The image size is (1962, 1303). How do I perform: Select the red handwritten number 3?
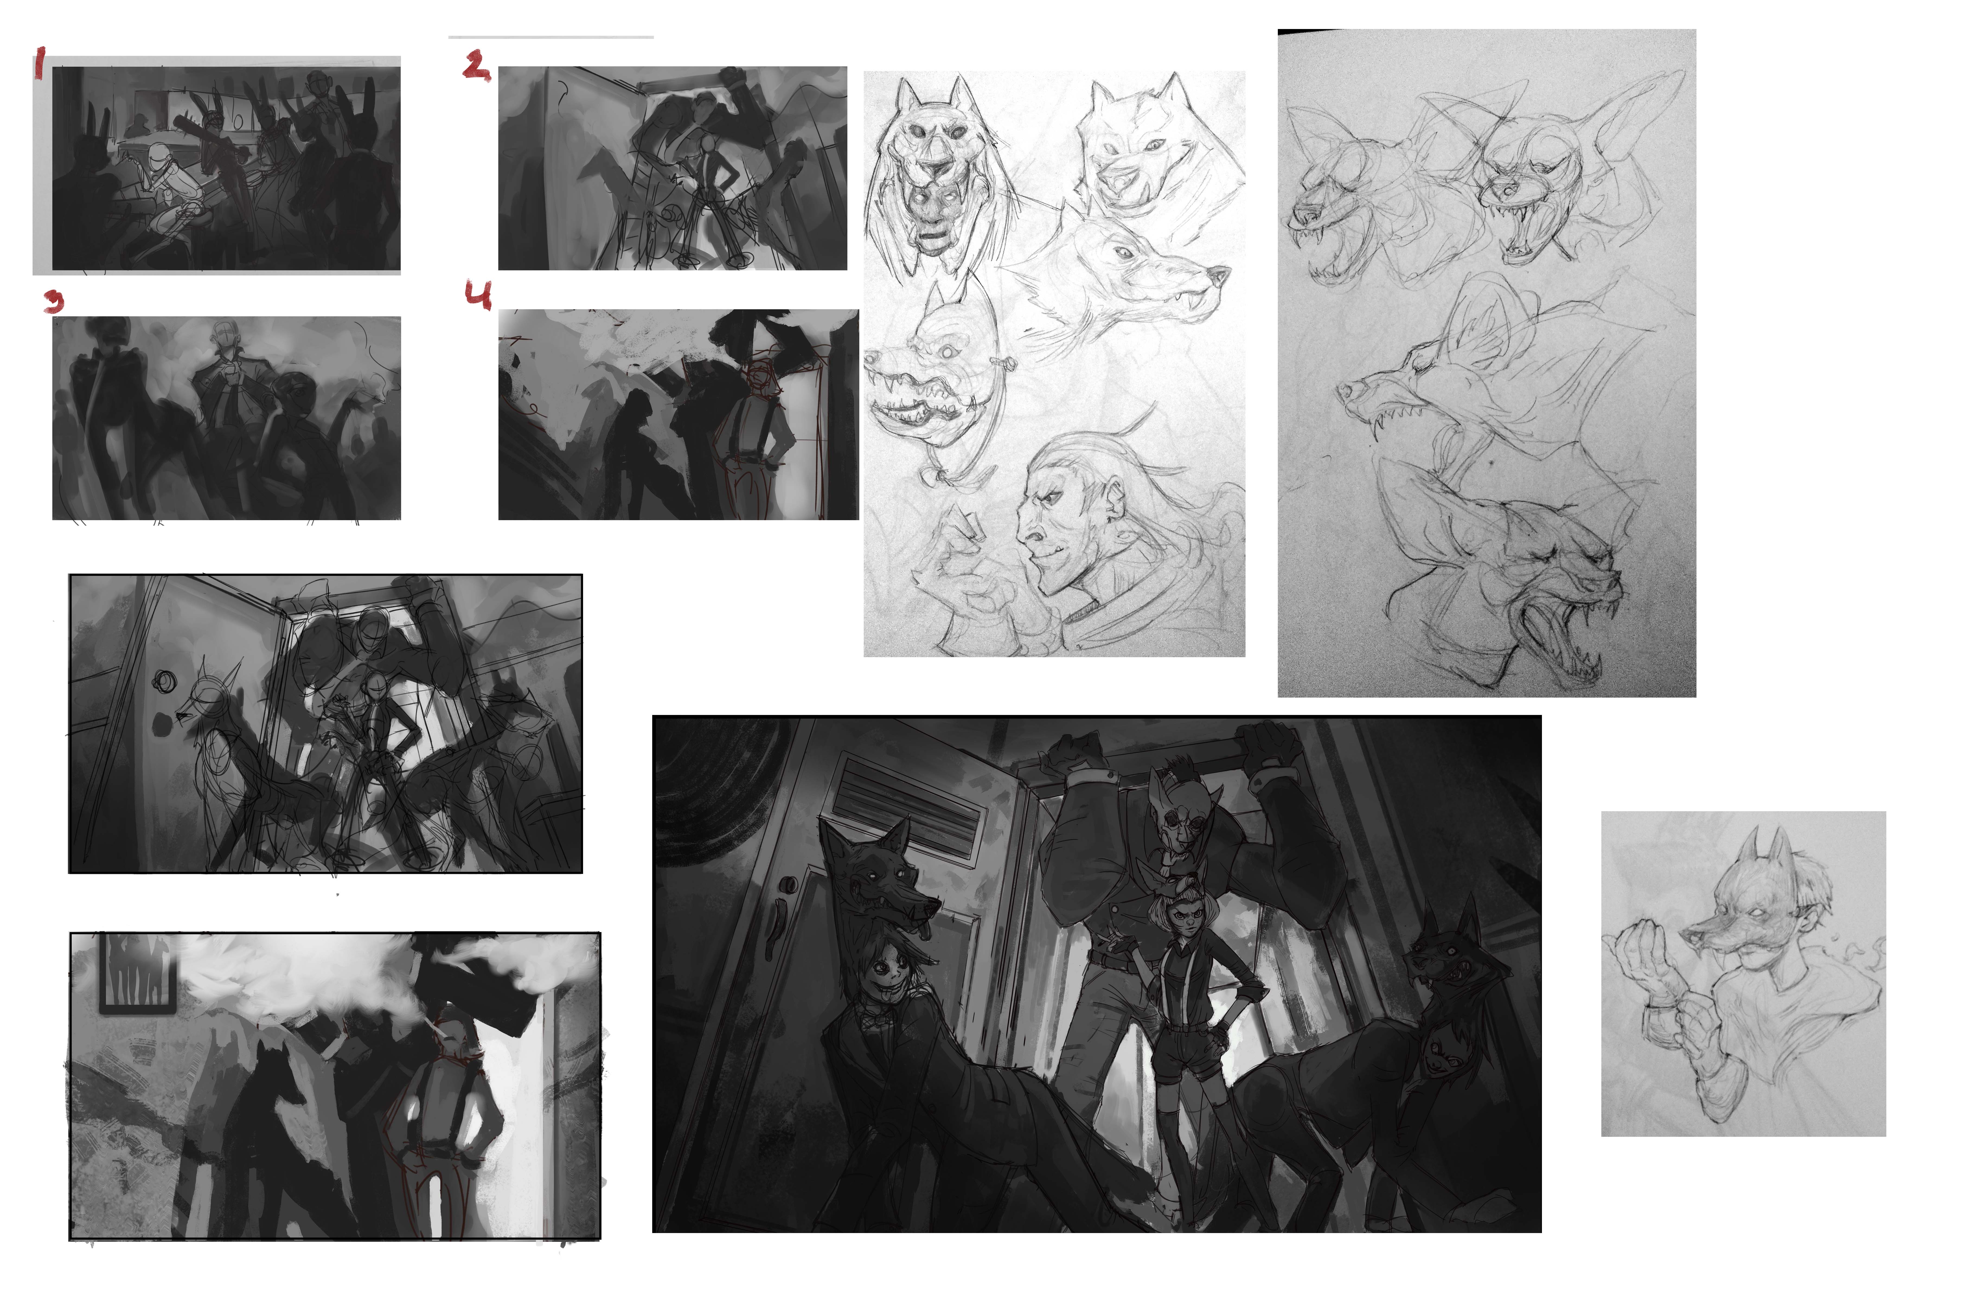point(54,301)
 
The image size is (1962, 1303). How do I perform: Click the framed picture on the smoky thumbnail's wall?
point(138,972)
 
